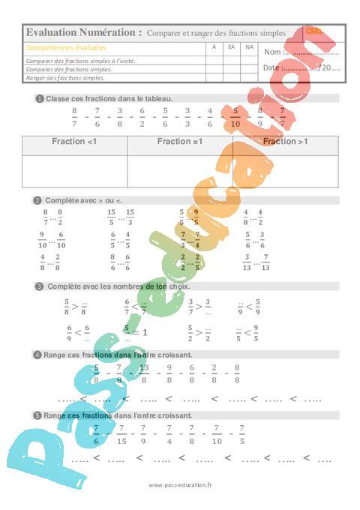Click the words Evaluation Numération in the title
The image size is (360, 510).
[x=83, y=32]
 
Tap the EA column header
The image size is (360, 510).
[x=232, y=47]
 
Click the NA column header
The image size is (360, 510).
[x=250, y=47]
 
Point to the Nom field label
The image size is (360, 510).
[x=273, y=52]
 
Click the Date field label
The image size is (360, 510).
[x=272, y=67]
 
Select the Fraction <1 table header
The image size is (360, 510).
[x=74, y=141]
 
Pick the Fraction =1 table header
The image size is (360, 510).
[x=180, y=141]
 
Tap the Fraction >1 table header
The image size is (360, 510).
[x=286, y=141]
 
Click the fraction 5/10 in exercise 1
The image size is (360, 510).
[x=235, y=117]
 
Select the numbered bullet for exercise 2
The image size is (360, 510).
[x=37, y=200]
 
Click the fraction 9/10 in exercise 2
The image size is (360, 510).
[x=42, y=240]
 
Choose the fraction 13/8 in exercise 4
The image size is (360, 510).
[x=144, y=373]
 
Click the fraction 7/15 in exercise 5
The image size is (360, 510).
[x=122, y=433]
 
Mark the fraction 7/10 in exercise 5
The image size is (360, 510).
[x=217, y=433]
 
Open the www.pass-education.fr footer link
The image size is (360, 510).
[x=180, y=485]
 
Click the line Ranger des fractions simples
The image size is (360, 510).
[x=64, y=76]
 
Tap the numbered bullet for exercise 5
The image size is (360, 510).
[x=37, y=415]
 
